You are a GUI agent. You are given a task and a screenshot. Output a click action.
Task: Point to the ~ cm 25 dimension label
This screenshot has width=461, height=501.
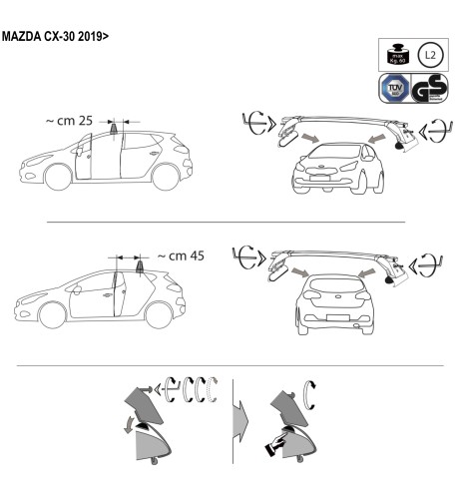coord(71,121)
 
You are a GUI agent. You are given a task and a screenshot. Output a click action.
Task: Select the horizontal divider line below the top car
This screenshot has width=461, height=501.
coord(227,221)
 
